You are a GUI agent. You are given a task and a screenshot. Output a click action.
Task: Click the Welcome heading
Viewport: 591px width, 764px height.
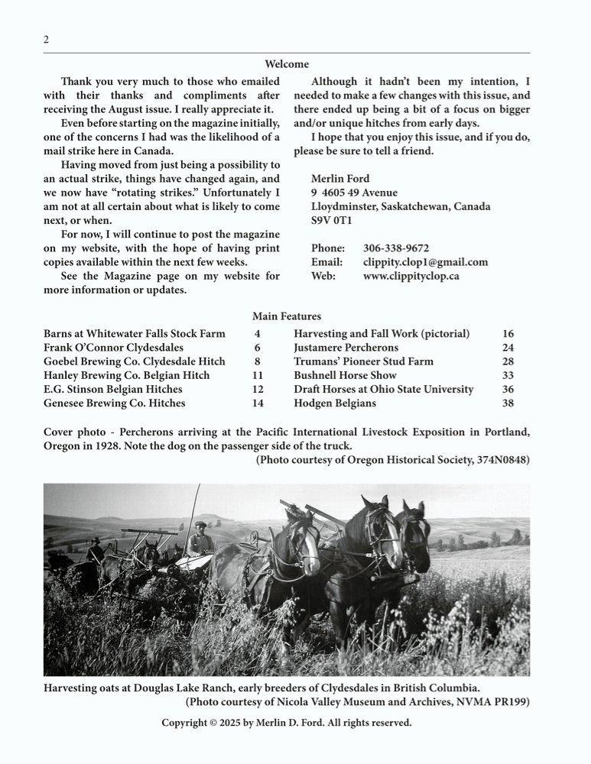(x=287, y=64)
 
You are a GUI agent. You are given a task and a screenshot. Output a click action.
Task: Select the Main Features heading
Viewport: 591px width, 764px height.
(x=287, y=316)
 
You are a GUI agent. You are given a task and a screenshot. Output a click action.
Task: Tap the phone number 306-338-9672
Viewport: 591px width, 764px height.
(x=396, y=248)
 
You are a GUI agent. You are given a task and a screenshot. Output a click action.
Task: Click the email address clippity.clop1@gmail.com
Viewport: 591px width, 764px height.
(x=425, y=262)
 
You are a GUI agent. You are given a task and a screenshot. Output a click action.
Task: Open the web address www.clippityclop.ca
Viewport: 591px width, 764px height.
(x=411, y=276)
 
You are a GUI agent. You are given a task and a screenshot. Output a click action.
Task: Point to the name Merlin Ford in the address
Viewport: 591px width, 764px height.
(x=340, y=179)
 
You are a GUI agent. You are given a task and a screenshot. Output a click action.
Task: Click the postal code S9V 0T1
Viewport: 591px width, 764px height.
(x=332, y=220)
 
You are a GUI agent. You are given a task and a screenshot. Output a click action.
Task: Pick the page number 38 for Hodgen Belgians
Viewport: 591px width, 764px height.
(x=508, y=403)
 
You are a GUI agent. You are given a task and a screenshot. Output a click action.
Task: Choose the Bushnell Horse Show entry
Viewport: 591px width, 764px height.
(x=345, y=375)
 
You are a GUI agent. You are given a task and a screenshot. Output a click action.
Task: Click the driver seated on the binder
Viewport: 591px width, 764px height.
(x=200, y=541)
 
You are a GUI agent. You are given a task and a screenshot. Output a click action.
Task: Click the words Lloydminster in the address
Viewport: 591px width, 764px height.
(x=348, y=206)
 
